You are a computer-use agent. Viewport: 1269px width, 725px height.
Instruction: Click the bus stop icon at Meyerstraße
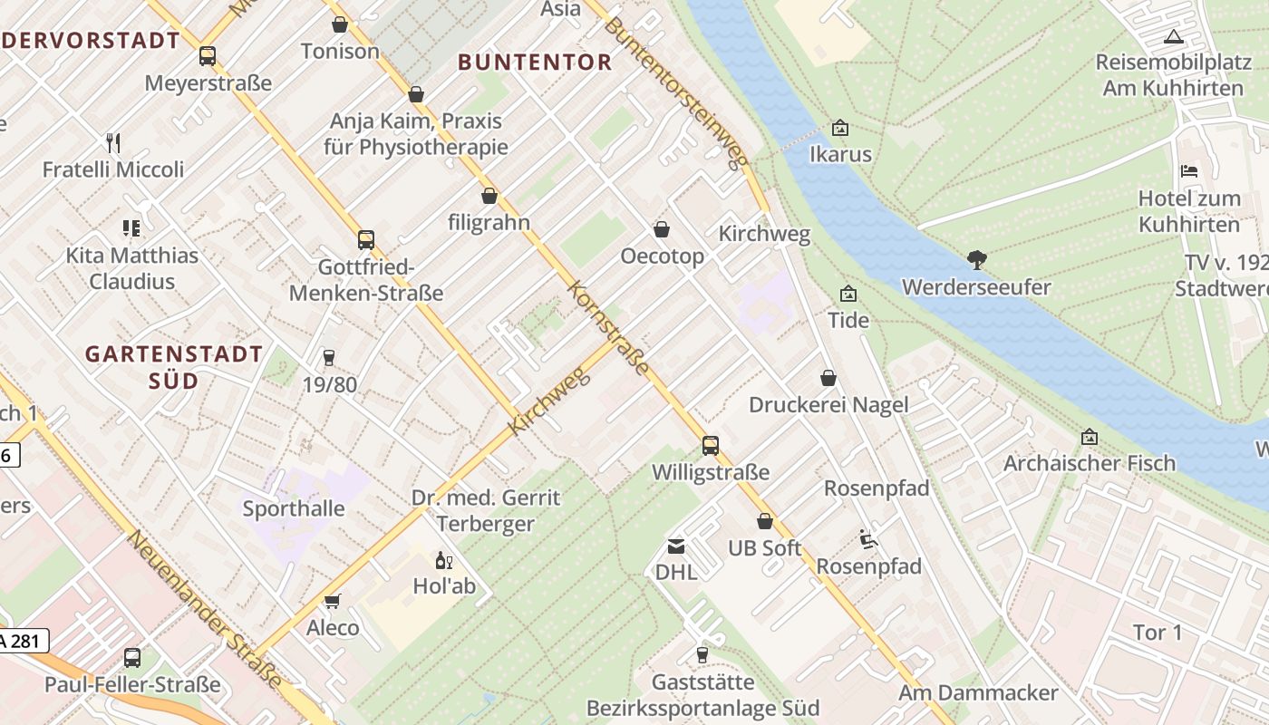click(208, 56)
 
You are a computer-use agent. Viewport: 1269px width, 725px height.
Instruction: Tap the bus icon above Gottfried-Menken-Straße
click(366, 240)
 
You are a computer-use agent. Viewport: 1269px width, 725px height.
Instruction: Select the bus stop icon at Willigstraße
click(711, 446)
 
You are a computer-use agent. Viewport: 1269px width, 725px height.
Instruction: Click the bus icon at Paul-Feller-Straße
click(132, 658)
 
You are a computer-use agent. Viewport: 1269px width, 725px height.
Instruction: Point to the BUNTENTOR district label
click(535, 63)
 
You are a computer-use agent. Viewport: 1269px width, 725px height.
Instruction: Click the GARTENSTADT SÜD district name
click(174, 367)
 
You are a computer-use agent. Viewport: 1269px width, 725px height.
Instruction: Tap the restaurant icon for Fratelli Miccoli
click(113, 143)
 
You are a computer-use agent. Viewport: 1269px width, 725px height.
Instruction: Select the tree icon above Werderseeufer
click(976, 260)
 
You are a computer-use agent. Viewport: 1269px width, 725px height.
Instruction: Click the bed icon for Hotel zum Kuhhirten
click(1189, 171)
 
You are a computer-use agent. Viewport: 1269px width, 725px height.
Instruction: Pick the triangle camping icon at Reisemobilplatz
click(1174, 37)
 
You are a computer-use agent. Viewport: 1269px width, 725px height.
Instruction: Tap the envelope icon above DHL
click(676, 546)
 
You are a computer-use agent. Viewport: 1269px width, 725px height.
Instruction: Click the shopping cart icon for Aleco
click(333, 602)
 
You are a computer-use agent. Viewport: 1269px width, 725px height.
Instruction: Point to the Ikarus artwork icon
click(840, 129)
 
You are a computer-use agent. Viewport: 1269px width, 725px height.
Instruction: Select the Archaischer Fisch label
click(1089, 463)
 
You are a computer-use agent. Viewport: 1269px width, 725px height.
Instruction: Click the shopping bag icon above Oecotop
click(662, 230)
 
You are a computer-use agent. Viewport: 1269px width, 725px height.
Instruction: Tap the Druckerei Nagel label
click(828, 404)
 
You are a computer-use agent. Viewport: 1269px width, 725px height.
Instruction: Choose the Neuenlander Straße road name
click(205, 608)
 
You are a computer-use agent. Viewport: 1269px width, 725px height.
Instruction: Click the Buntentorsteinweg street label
click(678, 92)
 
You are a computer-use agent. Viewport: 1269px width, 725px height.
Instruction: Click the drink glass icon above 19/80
click(328, 358)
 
